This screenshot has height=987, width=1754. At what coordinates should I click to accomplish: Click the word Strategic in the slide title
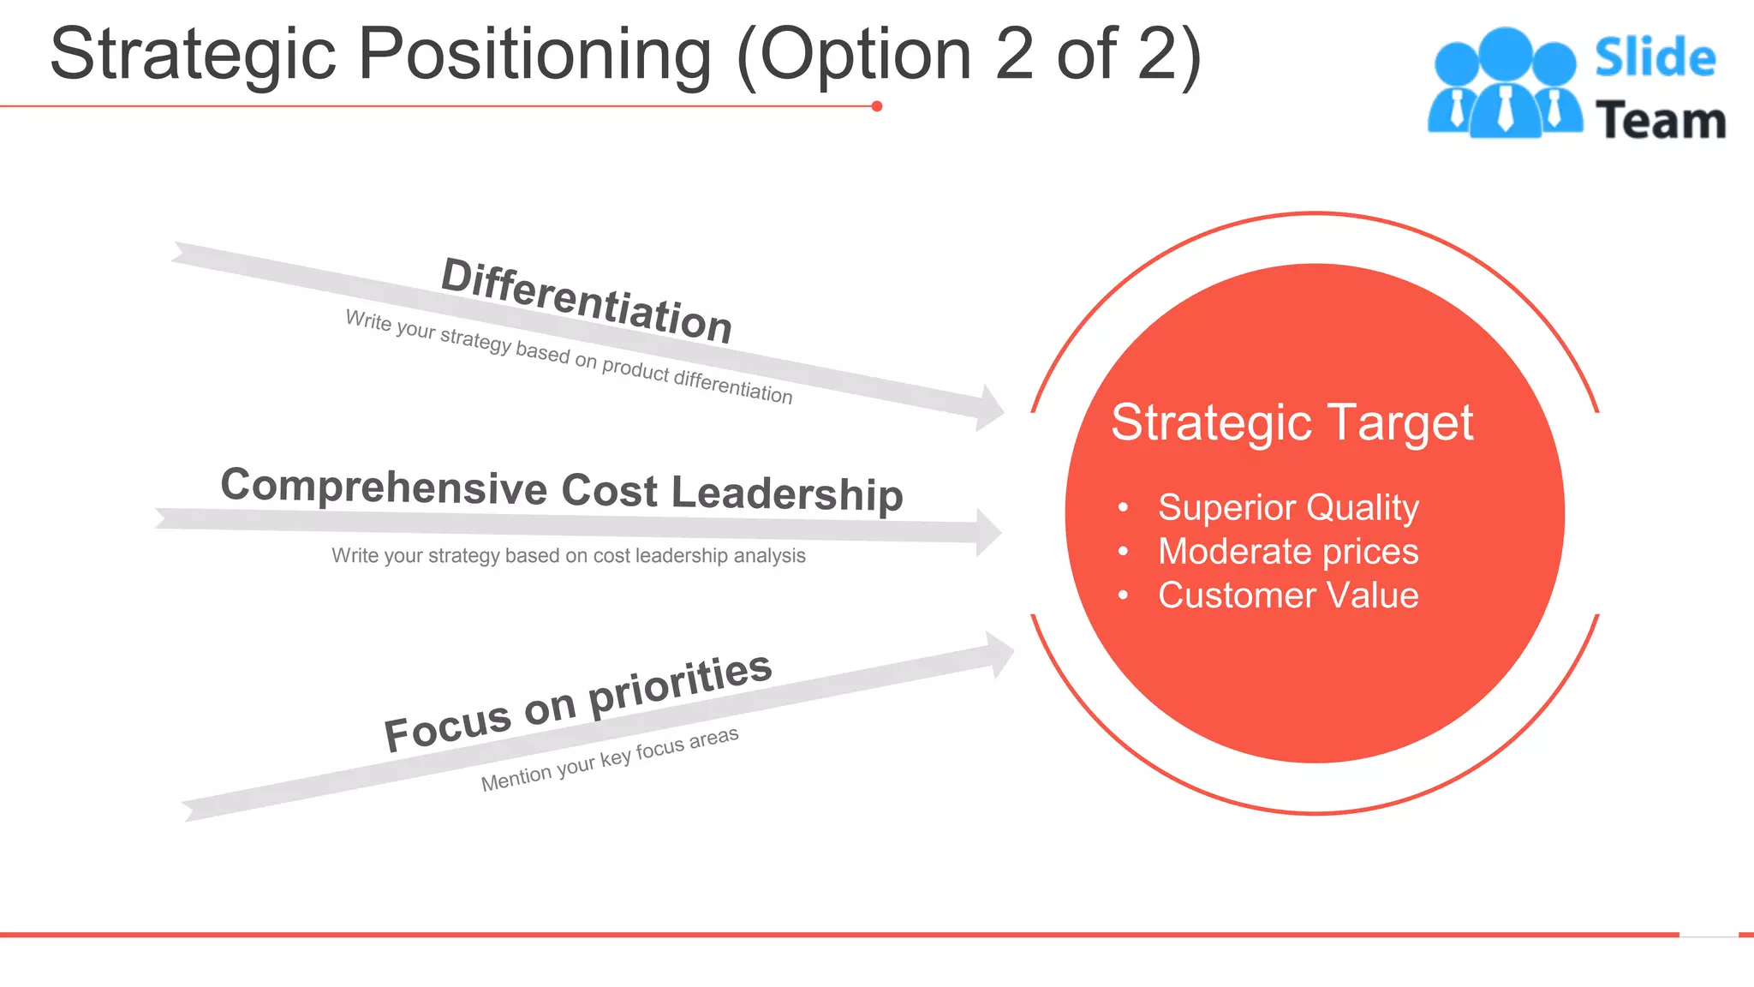pos(192,55)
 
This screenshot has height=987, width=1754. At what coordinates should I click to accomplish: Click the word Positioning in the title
pos(534,55)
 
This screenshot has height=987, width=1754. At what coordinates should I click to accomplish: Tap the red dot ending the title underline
pos(876,106)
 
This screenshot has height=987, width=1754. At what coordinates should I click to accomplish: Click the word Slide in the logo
pos(1655,58)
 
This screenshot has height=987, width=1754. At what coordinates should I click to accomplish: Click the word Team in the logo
pos(1661,121)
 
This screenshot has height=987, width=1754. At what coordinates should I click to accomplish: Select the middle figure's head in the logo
pos(1505,54)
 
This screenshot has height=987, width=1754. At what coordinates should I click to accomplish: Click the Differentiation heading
pos(587,300)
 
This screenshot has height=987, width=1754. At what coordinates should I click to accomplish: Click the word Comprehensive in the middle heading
pos(384,487)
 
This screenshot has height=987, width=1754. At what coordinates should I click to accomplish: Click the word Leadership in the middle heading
pos(787,493)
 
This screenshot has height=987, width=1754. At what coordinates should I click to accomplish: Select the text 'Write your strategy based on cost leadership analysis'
pos(568,556)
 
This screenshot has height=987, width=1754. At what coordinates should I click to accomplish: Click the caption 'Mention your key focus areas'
pos(609,759)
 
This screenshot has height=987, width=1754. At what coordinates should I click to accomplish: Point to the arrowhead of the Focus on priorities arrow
pos(999,655)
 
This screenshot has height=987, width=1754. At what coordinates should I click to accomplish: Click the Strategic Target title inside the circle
pos(1292,422)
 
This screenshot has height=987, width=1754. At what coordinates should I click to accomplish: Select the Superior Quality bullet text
pos(1287,507)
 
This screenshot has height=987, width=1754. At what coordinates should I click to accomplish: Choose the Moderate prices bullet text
pos(1287,552)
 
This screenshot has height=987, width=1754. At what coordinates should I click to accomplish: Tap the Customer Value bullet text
pos(1287,595)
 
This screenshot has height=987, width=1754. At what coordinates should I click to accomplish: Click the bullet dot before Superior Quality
pos(1123,507)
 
